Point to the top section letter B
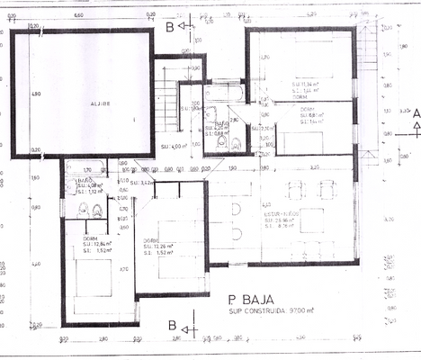(168, 26)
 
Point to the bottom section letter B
(171, 324)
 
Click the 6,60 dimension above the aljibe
(78, 15)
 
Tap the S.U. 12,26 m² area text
(163, 245)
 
